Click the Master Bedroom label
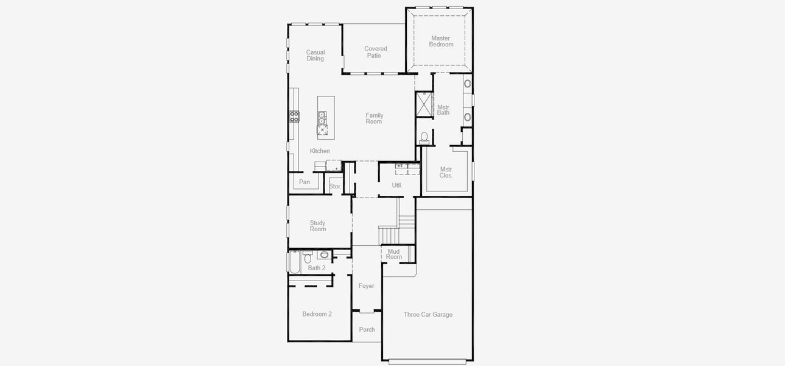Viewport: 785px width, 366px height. pos(441,41)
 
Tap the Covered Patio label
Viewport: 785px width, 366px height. pos(375,52)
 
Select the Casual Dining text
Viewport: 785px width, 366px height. pos(315,56)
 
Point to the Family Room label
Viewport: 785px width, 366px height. pos(374,118)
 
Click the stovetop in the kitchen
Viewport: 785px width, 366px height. pos(294,117)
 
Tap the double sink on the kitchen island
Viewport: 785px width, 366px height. pos(322,118)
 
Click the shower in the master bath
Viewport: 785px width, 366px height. pos(424,104)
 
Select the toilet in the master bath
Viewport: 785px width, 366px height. pos(424,137)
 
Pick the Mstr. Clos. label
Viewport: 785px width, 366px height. pos(446,173)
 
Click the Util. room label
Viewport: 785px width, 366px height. pos(397,185)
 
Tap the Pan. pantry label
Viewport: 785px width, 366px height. pos(305,182)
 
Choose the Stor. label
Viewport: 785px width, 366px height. pos(335,187)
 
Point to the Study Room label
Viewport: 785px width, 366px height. pos(318,226)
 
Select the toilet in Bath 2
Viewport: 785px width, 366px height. pos(308,257)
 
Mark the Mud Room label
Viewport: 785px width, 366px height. pos(394,254)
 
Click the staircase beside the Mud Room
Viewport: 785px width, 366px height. pos(390,233)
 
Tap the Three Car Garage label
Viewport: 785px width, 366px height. pos(428,315)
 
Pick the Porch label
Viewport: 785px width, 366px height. pos(367,330)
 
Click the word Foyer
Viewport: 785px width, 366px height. pos(366,286)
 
